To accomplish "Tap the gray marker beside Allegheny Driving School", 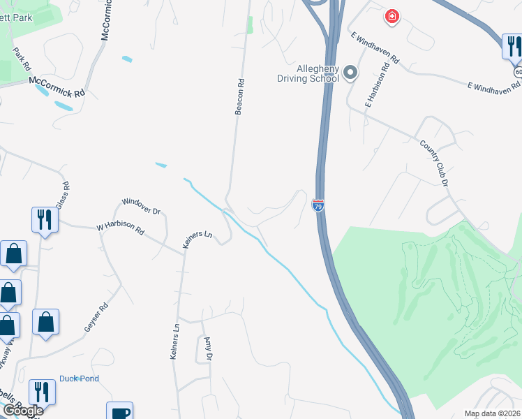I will click(350, 72).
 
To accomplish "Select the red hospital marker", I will click(391, 15).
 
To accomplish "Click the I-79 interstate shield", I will click(318, 205).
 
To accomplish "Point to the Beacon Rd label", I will click(239, 96).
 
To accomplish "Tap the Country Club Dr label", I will click(433, 163).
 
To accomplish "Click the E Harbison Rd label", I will click(375, 84).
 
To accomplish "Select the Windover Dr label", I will click(142, 205).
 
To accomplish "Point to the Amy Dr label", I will click(207, 349).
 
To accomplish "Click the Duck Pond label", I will click(79, 378).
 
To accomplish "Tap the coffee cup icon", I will click(119, 412).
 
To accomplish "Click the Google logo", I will click(22, 411).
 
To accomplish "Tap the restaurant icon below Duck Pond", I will click(41, 392).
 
